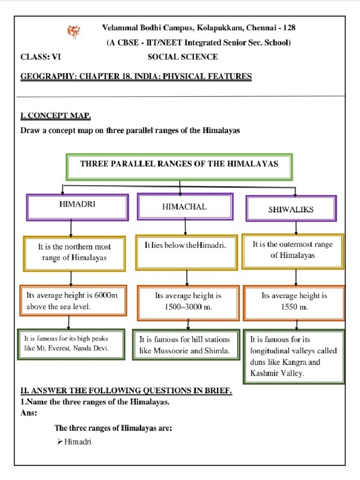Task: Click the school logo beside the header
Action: tap(74, 32)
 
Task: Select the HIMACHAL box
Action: tap(185, 207)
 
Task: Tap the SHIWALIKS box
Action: tap(291, 208)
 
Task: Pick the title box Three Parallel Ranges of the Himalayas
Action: tap(180, 166)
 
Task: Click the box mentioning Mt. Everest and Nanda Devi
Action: tap(71, 344)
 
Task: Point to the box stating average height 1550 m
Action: tap(294, 301)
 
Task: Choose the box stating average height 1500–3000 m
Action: tap(188, 301)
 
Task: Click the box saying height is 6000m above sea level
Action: tap(73, 300)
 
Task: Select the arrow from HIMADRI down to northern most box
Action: tap(71, 229)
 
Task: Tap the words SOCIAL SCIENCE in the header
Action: tap(183, 57)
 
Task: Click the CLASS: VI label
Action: tap(41, 57)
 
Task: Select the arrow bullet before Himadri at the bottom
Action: tap(60, 441)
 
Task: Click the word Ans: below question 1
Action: tap(29, 413)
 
